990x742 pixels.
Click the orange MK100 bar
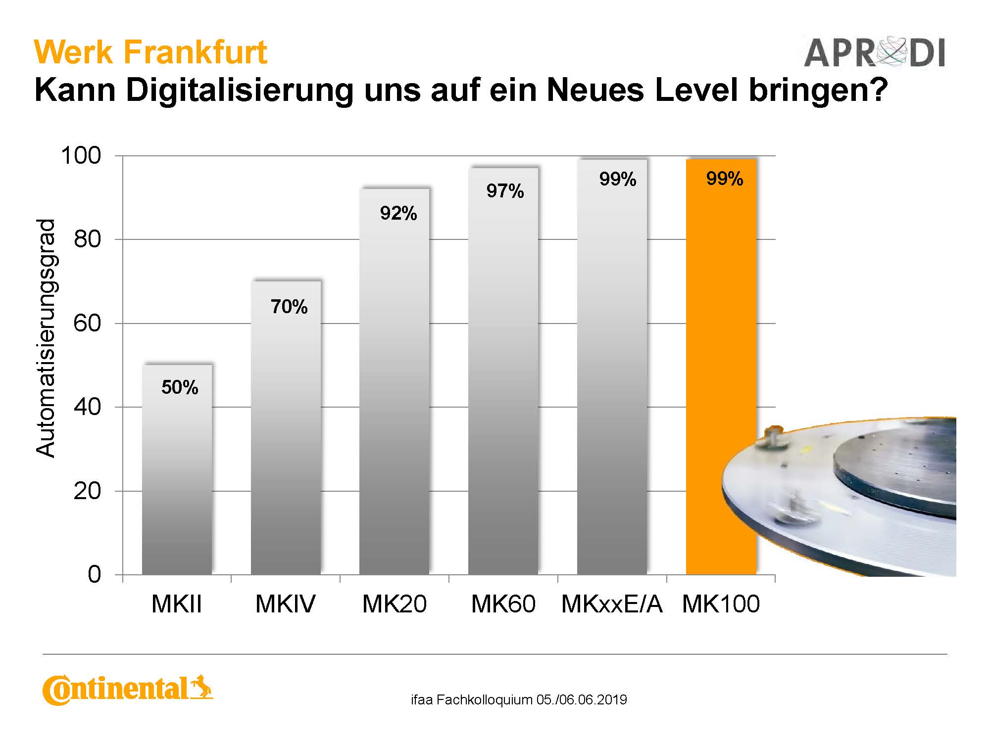[721, 367]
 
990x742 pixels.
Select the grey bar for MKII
[177, 469]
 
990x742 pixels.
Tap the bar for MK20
[395, 381]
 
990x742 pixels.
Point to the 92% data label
[398, 213]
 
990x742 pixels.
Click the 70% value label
[289, 307]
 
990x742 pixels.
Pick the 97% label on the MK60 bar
[505, 191]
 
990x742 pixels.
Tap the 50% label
[180, 387]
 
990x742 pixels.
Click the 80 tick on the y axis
[87, 239]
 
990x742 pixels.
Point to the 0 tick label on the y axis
[94, 575]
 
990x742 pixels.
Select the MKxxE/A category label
[612, 604]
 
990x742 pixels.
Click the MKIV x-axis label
[285, 604]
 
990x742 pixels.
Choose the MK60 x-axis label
[503, 604]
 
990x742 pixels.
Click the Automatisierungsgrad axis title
[46, 338]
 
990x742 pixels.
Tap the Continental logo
[128, 689]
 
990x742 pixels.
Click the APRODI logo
[874, 52]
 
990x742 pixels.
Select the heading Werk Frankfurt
[151, 52]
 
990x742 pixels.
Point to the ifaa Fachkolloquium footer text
[519, 700]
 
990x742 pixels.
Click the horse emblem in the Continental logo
[201, 686]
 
